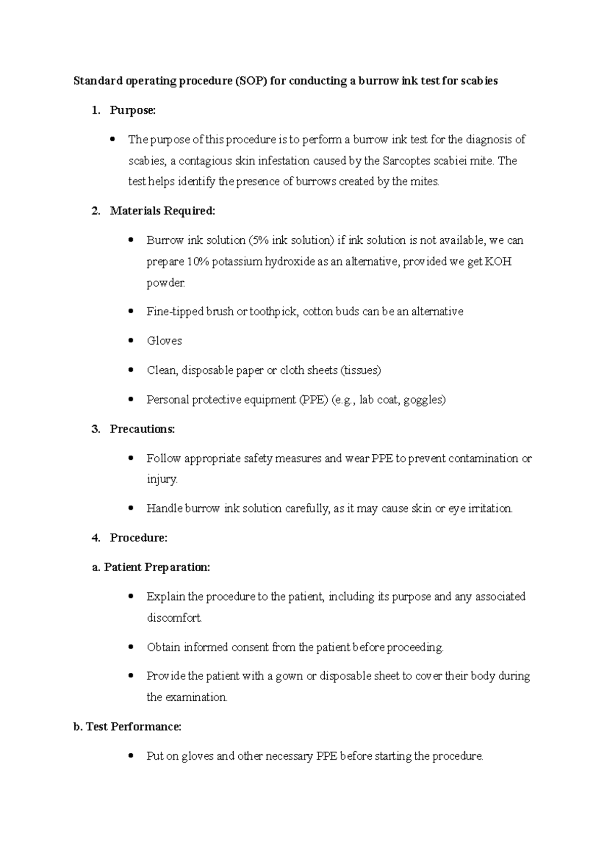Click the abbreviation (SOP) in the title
click(250, 81)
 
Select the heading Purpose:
click(133, 110)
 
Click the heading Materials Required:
click(162, 210)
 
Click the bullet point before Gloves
click(131, 340)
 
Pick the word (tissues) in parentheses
click(361, 370)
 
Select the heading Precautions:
click(142, 429)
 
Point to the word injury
click(161, 479)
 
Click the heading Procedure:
click(139, 538)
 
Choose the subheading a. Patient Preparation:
click(151, 567)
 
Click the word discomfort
click(174, 618)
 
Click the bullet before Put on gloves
click(131, 756)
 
